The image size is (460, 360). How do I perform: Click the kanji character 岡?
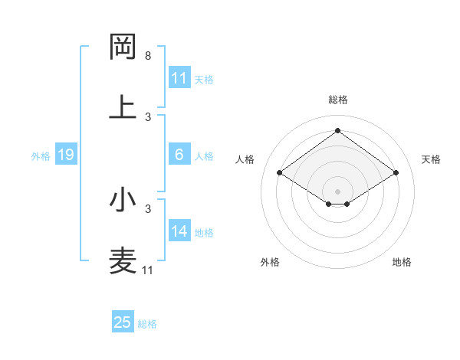123,47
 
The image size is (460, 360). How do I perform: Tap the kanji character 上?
123,106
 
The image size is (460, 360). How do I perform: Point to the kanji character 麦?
123,260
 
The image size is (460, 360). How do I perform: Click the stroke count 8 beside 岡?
148,56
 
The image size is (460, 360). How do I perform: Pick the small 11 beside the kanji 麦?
148,270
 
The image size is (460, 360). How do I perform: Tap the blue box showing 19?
65,155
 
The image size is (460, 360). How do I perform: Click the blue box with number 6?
179,155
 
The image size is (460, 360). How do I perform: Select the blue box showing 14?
179,231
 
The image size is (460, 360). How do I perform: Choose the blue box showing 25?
123,322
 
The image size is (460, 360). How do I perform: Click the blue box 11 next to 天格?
179,78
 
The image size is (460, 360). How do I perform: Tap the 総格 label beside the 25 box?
147,324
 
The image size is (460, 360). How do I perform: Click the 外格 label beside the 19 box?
41,156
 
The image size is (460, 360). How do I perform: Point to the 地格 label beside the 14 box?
204,233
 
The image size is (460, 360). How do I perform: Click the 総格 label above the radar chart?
337,100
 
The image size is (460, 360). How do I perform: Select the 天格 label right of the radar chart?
431,159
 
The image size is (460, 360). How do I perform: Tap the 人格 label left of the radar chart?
245,159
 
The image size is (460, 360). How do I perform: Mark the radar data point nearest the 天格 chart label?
396,173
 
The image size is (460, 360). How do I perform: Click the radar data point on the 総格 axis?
337,131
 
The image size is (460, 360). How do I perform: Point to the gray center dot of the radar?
337,190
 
